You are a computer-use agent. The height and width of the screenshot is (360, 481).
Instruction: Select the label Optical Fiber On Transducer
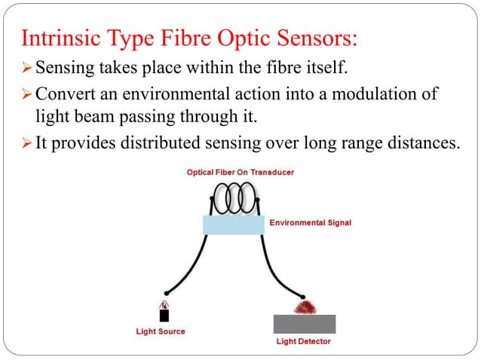(x=240, y=172)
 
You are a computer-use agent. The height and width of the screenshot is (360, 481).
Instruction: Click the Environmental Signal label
(x=310, y=223)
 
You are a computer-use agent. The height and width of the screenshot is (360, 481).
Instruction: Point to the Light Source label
(x=160, y=331)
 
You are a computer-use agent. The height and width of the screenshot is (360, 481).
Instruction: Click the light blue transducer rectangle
(x=234, y=224)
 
